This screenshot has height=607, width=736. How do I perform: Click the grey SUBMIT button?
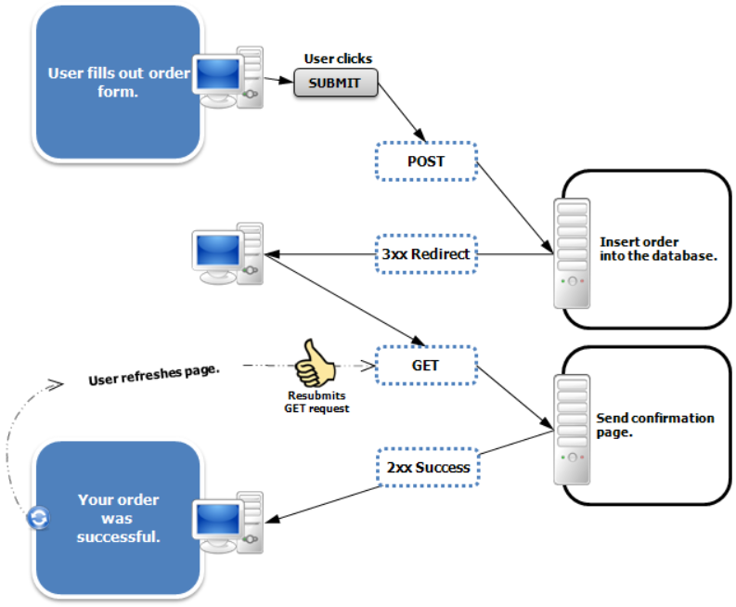pos(336,83)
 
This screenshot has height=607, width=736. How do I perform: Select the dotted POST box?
pos(426,161)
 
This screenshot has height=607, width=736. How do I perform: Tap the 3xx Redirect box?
pos(426,254)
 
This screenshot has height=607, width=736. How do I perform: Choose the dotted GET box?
pos(426,366)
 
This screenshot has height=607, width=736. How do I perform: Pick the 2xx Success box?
pos(428,467)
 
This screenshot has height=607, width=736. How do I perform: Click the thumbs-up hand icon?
pos(315,363)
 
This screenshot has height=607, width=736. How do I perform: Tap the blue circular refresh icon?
pos(38,518)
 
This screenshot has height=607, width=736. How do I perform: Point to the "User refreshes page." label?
pos(154,375)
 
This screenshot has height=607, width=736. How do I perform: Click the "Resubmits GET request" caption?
pos(316,402)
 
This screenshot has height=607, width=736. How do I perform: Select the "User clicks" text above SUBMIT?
pos(338,58)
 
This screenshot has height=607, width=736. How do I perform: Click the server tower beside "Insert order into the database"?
pos(572,253)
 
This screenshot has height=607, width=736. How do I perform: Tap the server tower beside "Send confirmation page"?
pos(572,430)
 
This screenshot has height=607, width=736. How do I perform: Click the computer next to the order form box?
pos(227,77)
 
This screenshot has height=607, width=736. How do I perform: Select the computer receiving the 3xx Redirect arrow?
pos(227,253)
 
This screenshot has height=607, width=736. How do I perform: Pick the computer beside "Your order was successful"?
pos(227,523)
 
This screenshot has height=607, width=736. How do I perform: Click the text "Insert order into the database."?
pos(658,249)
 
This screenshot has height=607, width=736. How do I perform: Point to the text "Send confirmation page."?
pos(655,425)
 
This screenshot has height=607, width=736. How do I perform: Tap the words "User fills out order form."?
pos(119,83)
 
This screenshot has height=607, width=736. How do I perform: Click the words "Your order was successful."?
pos(118,518)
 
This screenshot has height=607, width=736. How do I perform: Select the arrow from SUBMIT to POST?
pos(402,112)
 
